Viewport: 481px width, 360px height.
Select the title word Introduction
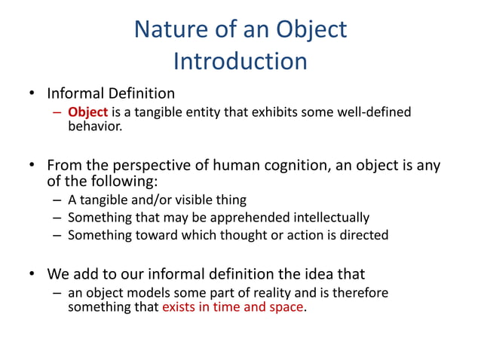pos(240,60)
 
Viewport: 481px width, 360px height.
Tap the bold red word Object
pos(88,112)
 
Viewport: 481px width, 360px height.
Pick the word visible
pos(191,200)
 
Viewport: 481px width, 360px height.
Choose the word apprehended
pos(228,218)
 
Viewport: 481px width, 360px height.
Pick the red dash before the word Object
pos(58,112)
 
